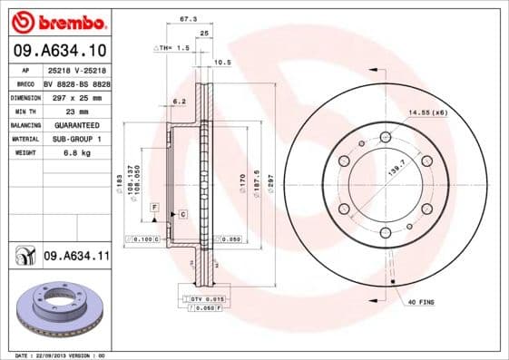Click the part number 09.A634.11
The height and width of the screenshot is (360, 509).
pos(76,258)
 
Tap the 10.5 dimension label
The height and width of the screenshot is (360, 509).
pos(220,63)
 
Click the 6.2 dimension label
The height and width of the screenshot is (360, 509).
pos(179,102)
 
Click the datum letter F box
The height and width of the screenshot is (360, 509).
pos(155,209)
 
